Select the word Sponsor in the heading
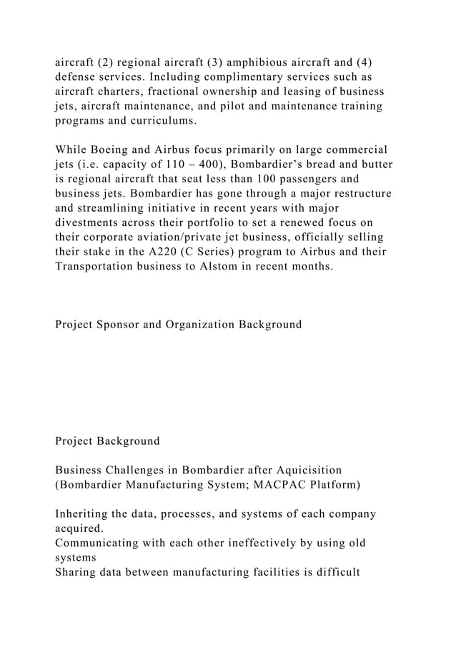tap(121, 325)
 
